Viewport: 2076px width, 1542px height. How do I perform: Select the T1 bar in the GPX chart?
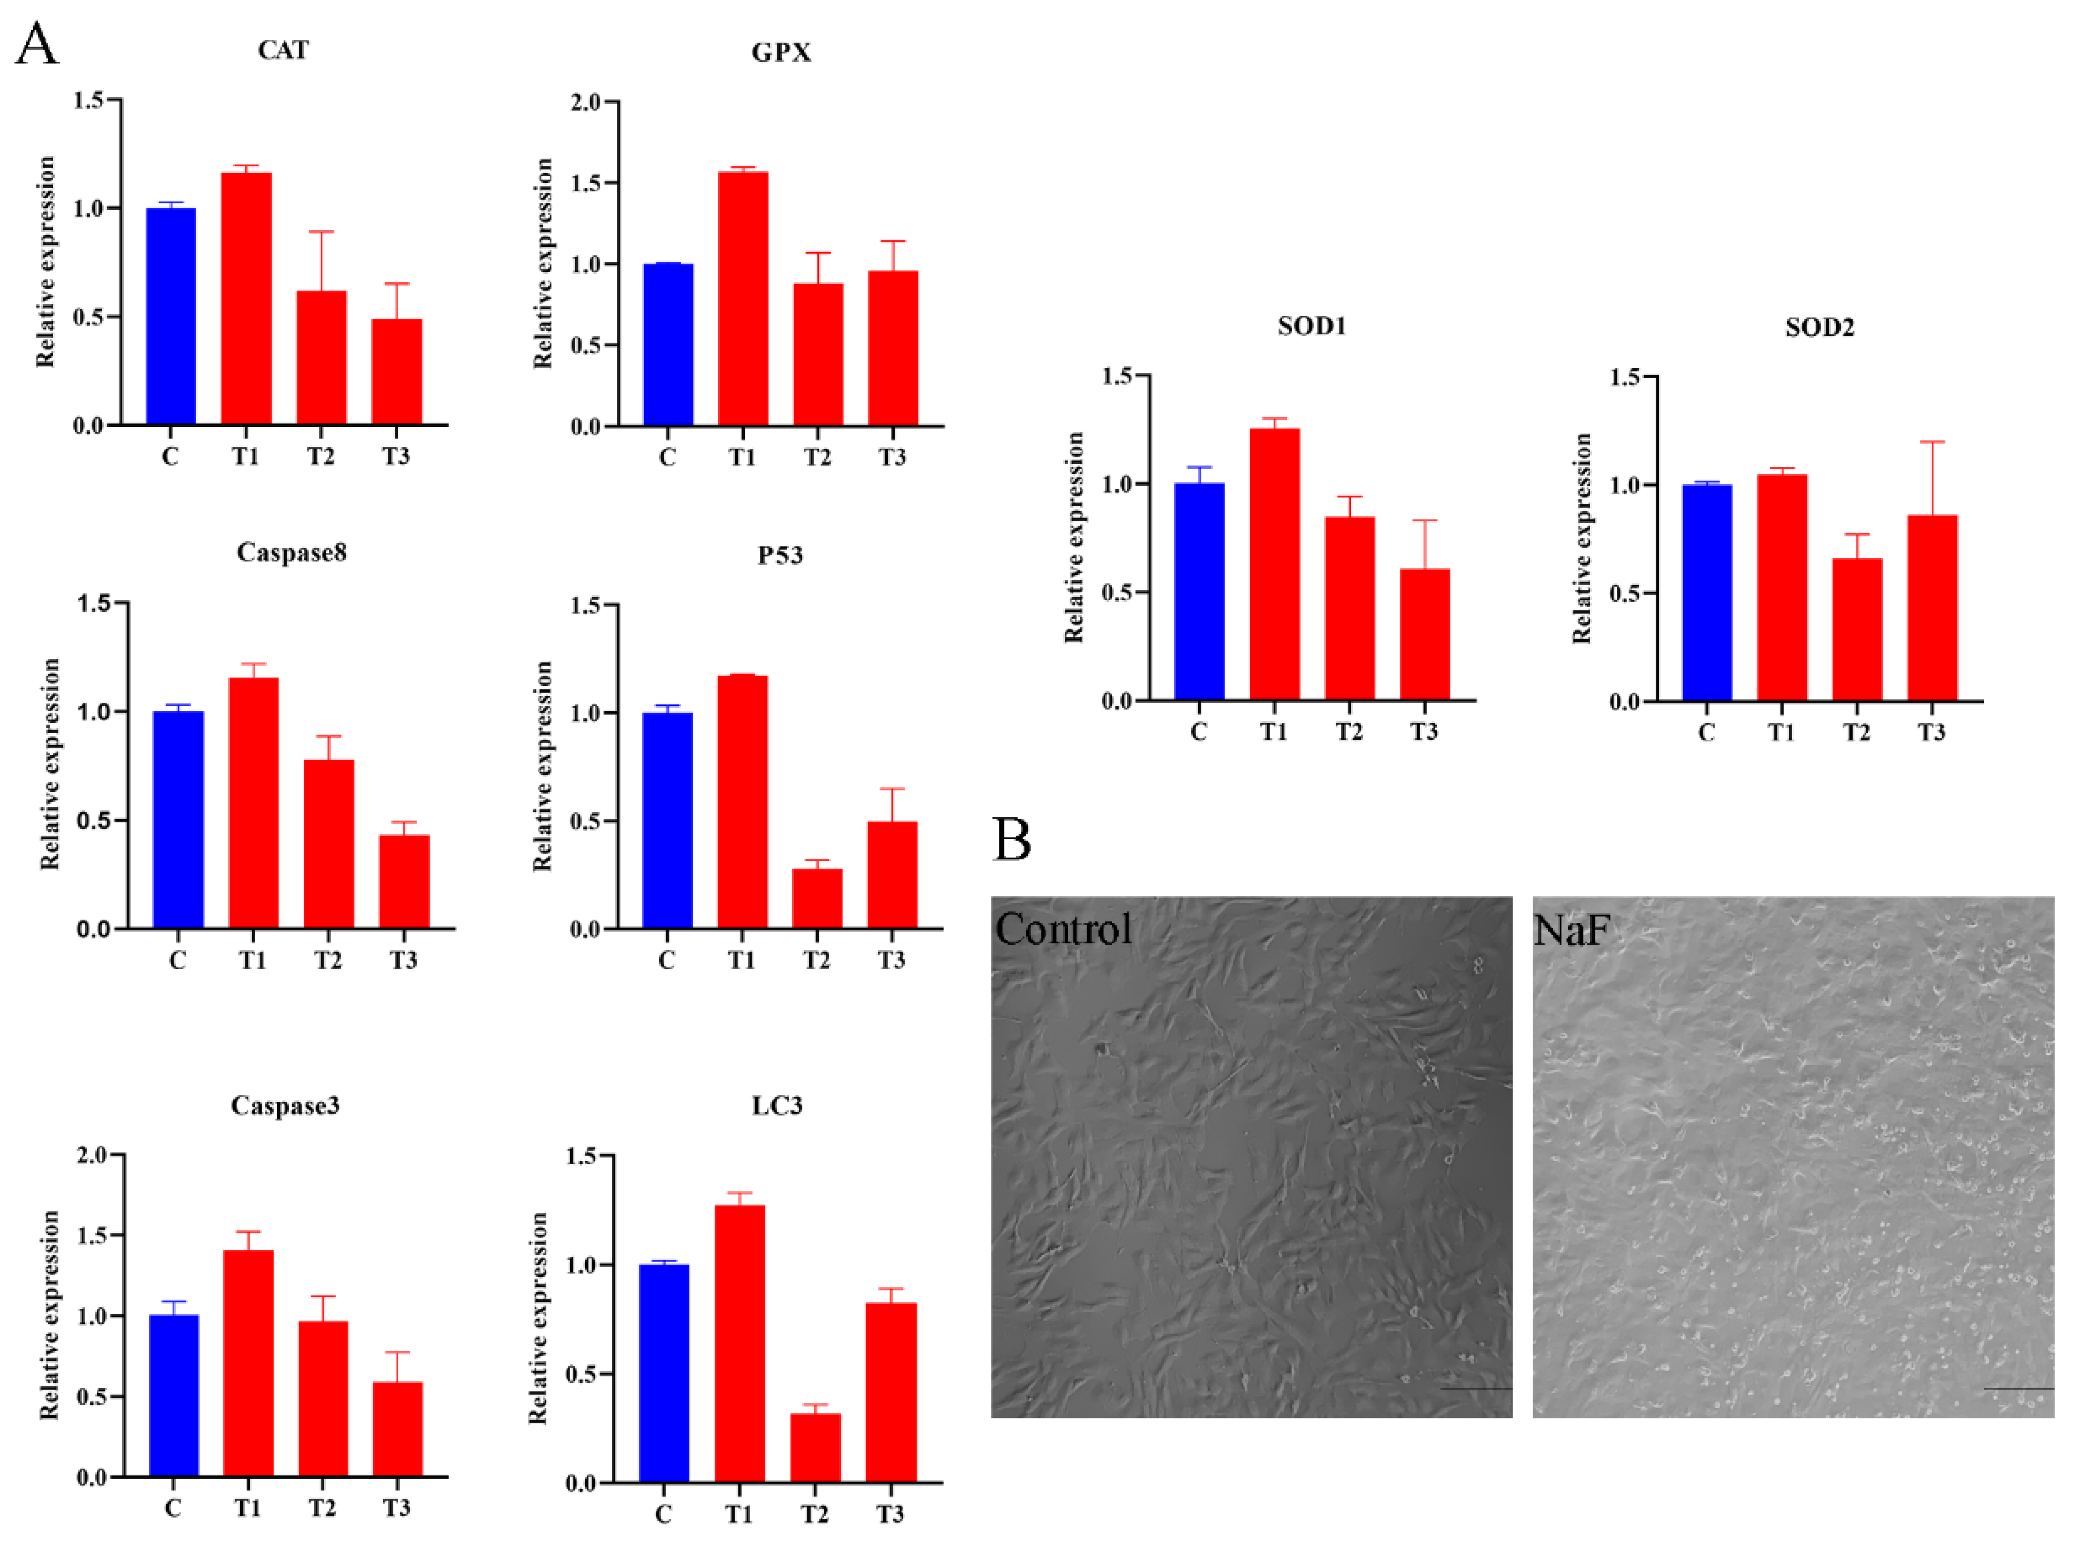[743, 299]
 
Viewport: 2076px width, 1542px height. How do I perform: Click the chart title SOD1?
[1312, 327]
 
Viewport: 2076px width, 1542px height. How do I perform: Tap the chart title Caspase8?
[291, 552]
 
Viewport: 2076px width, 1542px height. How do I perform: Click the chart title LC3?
[777, 1106]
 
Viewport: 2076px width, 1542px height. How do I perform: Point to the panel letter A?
[37, 44]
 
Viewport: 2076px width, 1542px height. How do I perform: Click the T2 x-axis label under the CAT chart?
[321, 457]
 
